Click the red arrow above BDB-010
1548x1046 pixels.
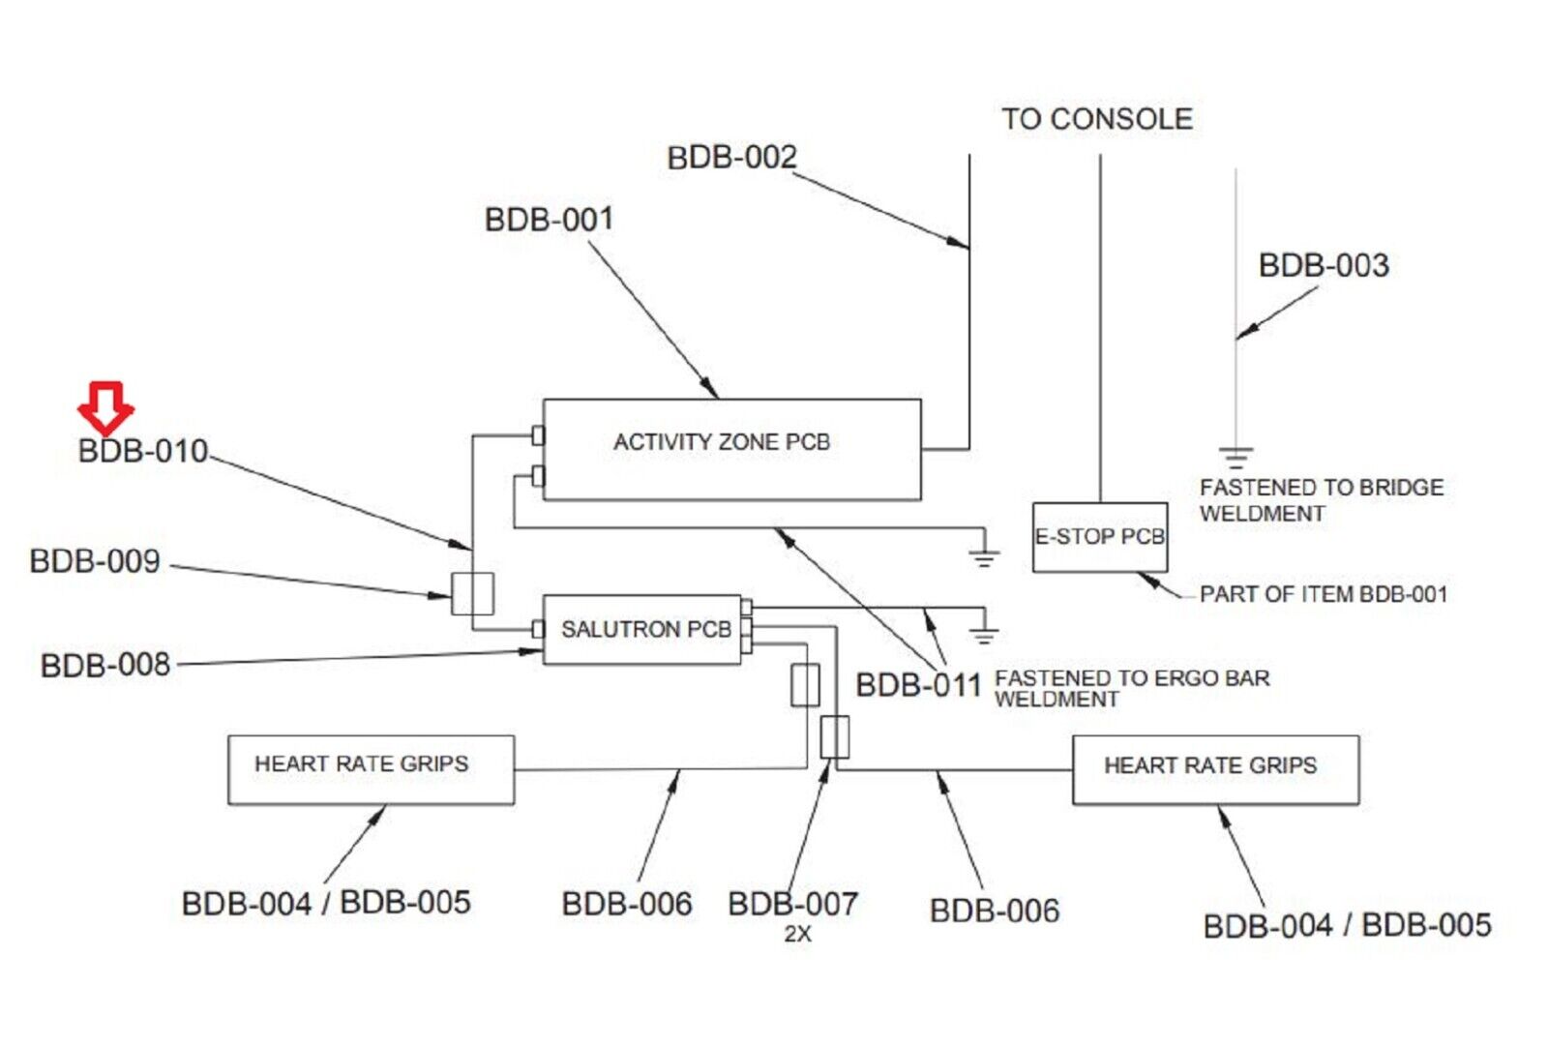(x=105, y=406)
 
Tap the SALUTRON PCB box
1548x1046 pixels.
(x=642, y=629)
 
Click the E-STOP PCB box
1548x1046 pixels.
(x=1099, y=537)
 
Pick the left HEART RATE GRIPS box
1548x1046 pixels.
(x=371, y=769)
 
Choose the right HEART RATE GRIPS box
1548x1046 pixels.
(x=1215, y=770)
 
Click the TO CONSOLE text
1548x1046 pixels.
(x=1097, y=119)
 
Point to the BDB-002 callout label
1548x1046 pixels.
(x=731, y=158)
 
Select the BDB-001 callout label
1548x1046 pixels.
(x=549, y=220)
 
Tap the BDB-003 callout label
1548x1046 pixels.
(x=1324, y=265)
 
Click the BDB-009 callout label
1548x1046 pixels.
(x=95, y=561)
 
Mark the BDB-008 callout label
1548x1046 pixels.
(x=105, y=666)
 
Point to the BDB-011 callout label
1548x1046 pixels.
(x=918, y=685)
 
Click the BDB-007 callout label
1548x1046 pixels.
(x=792, y=904)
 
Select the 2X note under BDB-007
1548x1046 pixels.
(x=797, y=935)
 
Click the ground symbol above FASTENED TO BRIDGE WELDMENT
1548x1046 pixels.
(x=1235, y=456)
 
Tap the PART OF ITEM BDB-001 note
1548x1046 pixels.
(x=1323, y=594)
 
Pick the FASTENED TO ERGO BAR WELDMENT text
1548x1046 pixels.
(x=1131, y=688)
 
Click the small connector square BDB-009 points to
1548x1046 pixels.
(x=473, y=593)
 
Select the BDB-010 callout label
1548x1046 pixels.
(x=143, y=451)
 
